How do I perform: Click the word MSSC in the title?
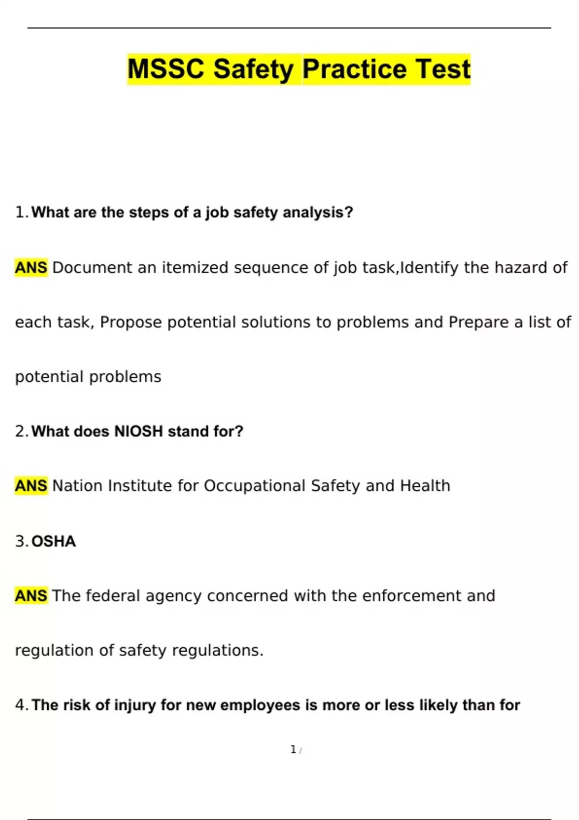click(166, 69)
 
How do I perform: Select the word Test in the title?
click(443, 69)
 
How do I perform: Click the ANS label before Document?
click(31, 267)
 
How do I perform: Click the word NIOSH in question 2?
click(138, 431)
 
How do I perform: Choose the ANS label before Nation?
click(31, 486)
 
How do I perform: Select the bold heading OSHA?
click(54, 541)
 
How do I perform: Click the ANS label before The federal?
click(31, 596)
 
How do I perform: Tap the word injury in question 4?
click(135, 705)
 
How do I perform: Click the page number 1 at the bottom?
click(293, 749)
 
